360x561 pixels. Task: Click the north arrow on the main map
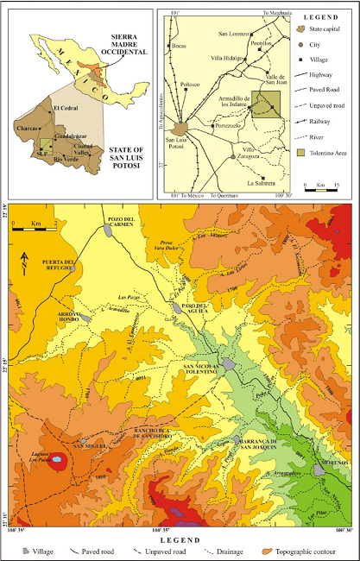25,256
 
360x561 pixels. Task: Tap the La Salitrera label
262,183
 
